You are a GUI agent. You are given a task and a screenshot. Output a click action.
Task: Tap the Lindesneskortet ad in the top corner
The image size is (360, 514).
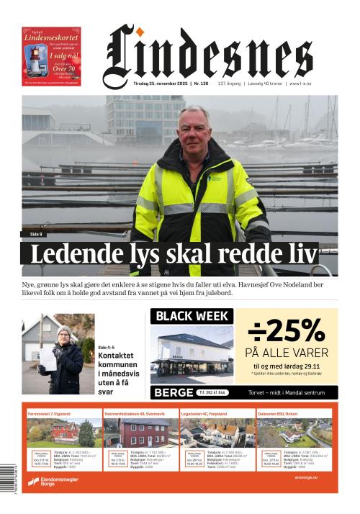(x=51, y=57)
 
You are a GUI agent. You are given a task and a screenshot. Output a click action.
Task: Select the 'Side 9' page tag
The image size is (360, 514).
(x=36, y=235)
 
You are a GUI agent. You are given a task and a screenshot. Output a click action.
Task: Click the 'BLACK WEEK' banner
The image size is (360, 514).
(x=192, y=316)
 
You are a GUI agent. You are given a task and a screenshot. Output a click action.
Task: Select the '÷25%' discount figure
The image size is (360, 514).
(x=287, y=331)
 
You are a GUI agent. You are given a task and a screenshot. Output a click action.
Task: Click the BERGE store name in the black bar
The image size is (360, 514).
(x=174, y=392)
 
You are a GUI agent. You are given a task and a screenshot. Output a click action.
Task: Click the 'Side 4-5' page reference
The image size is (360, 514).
(x=107, y=348)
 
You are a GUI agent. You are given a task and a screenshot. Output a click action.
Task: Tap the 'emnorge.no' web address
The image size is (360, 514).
(x=306, y=477)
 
